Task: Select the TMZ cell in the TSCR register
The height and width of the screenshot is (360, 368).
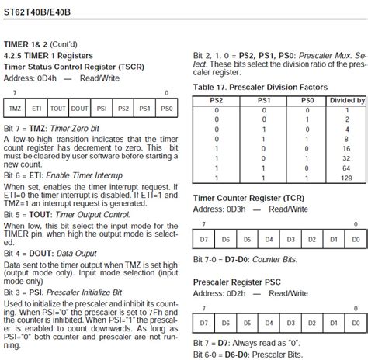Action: tap(16, 109)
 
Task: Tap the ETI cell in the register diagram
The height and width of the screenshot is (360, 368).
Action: tap(37, 109)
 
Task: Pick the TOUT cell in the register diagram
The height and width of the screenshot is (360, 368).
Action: tap(59, 109)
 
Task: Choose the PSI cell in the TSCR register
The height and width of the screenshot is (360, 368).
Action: tap(102, 109)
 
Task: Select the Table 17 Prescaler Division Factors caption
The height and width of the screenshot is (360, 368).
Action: tap(256, 87)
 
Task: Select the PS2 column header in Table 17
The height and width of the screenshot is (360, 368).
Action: tap(217, 101)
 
